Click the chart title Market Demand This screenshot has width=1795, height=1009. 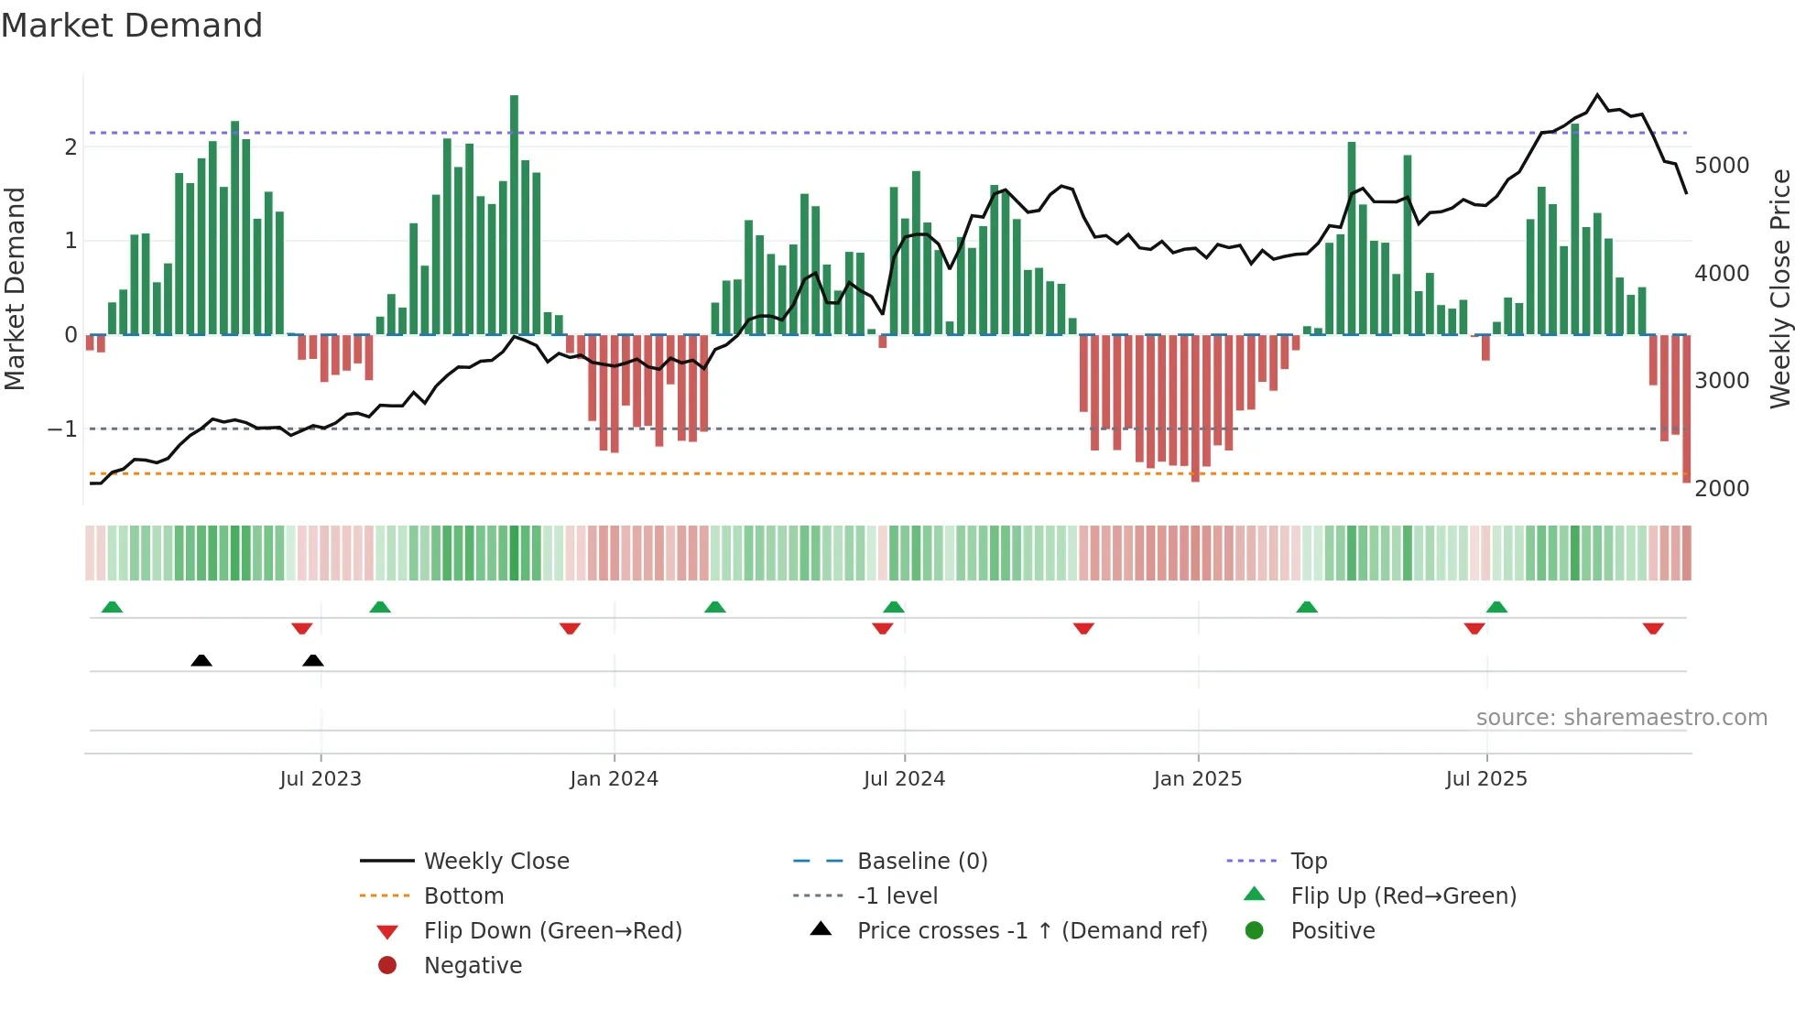(132, 26)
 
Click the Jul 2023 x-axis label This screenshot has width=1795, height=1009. (321, 779)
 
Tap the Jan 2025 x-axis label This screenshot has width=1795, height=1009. (1197, 779)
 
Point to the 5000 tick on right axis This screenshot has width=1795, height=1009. (1722, 166)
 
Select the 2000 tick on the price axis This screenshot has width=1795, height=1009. (1722, 488)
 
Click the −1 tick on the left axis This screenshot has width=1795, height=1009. (63, 429)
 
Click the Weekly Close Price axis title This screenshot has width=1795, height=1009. (1779, 288)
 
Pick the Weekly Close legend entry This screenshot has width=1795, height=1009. (495, 862)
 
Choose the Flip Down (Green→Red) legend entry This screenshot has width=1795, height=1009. (552, 931)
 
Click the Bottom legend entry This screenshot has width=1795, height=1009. (463, 896)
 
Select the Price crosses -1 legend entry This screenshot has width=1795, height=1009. (1031, 931)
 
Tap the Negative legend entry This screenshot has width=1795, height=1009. (473, 966)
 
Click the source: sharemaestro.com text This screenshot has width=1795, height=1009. (1621, 718)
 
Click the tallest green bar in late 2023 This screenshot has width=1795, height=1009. (514, 215)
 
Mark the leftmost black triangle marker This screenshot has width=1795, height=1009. (201, 660)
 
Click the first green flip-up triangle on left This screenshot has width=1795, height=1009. (112, 607)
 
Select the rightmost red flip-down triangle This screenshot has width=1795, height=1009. (1653, 628)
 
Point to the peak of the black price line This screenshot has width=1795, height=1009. (1597, 95)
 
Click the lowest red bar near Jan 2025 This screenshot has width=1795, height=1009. (1195, 407)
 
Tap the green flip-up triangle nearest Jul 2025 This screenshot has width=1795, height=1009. (1496, 607)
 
